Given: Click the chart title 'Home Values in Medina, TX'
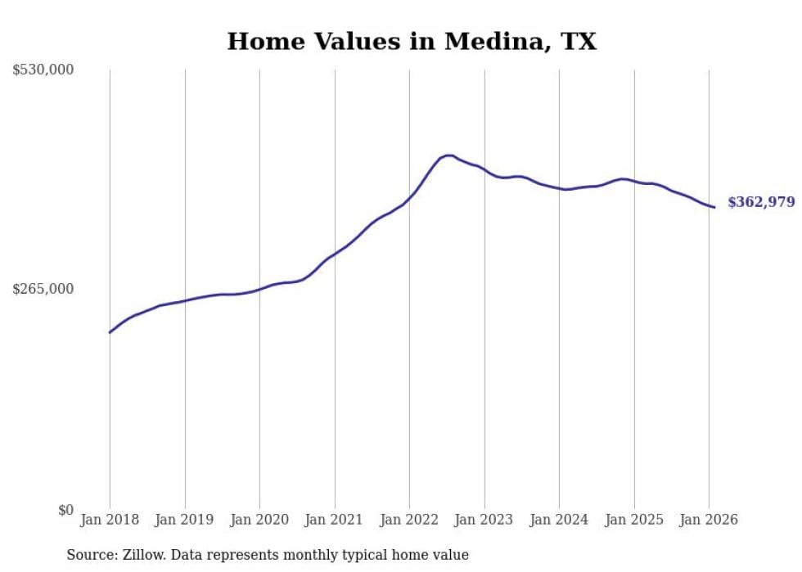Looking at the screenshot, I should coord(412,42).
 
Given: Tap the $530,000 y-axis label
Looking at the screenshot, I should coord(43,70).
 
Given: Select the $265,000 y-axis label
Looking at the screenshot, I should coord(43,289).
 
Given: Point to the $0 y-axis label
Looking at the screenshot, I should coord(65,510).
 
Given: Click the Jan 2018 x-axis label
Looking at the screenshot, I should coord(110,520).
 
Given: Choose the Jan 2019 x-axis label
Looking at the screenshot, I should coord(184,520).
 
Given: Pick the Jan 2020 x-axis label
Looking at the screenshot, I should coord(259,520).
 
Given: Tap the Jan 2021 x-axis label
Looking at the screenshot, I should coord(334,520).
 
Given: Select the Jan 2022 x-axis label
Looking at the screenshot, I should coord(409,520).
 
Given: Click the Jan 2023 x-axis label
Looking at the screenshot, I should coord(484,520).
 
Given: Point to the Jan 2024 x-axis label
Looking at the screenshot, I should coord(559,520).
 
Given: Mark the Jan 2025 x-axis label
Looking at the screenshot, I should coord(634,520).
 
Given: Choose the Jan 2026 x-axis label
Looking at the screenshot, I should coord(709,520).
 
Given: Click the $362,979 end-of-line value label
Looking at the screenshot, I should coord(761,202).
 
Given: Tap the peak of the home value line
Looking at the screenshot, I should coord(448,155).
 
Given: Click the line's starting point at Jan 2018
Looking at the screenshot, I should coord(110,332).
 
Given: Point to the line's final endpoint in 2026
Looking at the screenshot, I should coord(714,207).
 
